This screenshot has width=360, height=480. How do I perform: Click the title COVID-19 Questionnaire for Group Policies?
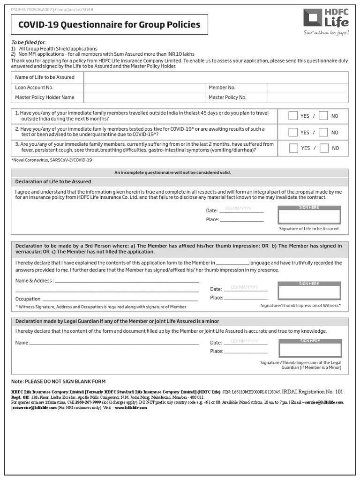click(x=109, y=25)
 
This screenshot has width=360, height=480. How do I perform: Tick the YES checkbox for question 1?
click(x=293, y=116)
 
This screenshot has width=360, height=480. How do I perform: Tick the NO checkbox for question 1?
click(x=323, y=116)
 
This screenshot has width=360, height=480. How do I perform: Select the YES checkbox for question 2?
click(x=293, y=132)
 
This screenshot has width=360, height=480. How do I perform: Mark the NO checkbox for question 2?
click(x=323, y=132)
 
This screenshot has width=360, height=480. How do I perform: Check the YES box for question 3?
click(x=293, y=148)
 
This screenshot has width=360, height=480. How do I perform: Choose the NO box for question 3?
click(x=323, y=148)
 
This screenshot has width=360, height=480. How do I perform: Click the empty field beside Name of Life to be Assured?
click(x=216, y=77)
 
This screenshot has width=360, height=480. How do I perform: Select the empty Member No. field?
click(x=307, y=88)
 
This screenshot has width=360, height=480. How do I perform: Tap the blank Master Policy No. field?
click(x=307, y=97)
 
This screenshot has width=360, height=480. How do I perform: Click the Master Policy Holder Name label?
click(x=45, y=97)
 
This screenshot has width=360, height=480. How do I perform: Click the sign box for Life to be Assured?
click(x=309, y=216)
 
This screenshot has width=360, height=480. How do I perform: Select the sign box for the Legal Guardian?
click(x=309, y=349)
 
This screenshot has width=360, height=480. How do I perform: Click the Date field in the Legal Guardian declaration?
click(x=246, y=342)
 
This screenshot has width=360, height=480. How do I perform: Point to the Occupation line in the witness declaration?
click(x=120, y=299)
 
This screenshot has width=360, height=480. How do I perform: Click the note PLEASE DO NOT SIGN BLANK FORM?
click(x=59, y=382)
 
